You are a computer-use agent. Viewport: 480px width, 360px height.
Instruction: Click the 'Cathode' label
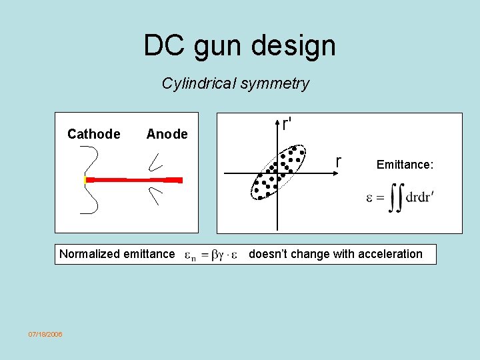tap(94, 134)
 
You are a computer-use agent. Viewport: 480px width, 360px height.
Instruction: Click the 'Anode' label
tap(167, 134)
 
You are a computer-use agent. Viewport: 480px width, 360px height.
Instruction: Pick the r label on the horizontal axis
tap(339, 162)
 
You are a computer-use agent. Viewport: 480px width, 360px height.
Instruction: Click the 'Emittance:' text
tap(405, 164)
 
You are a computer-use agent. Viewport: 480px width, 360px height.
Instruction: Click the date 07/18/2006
tap(45, 334)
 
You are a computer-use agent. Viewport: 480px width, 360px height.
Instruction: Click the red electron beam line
tap(133, 180)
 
